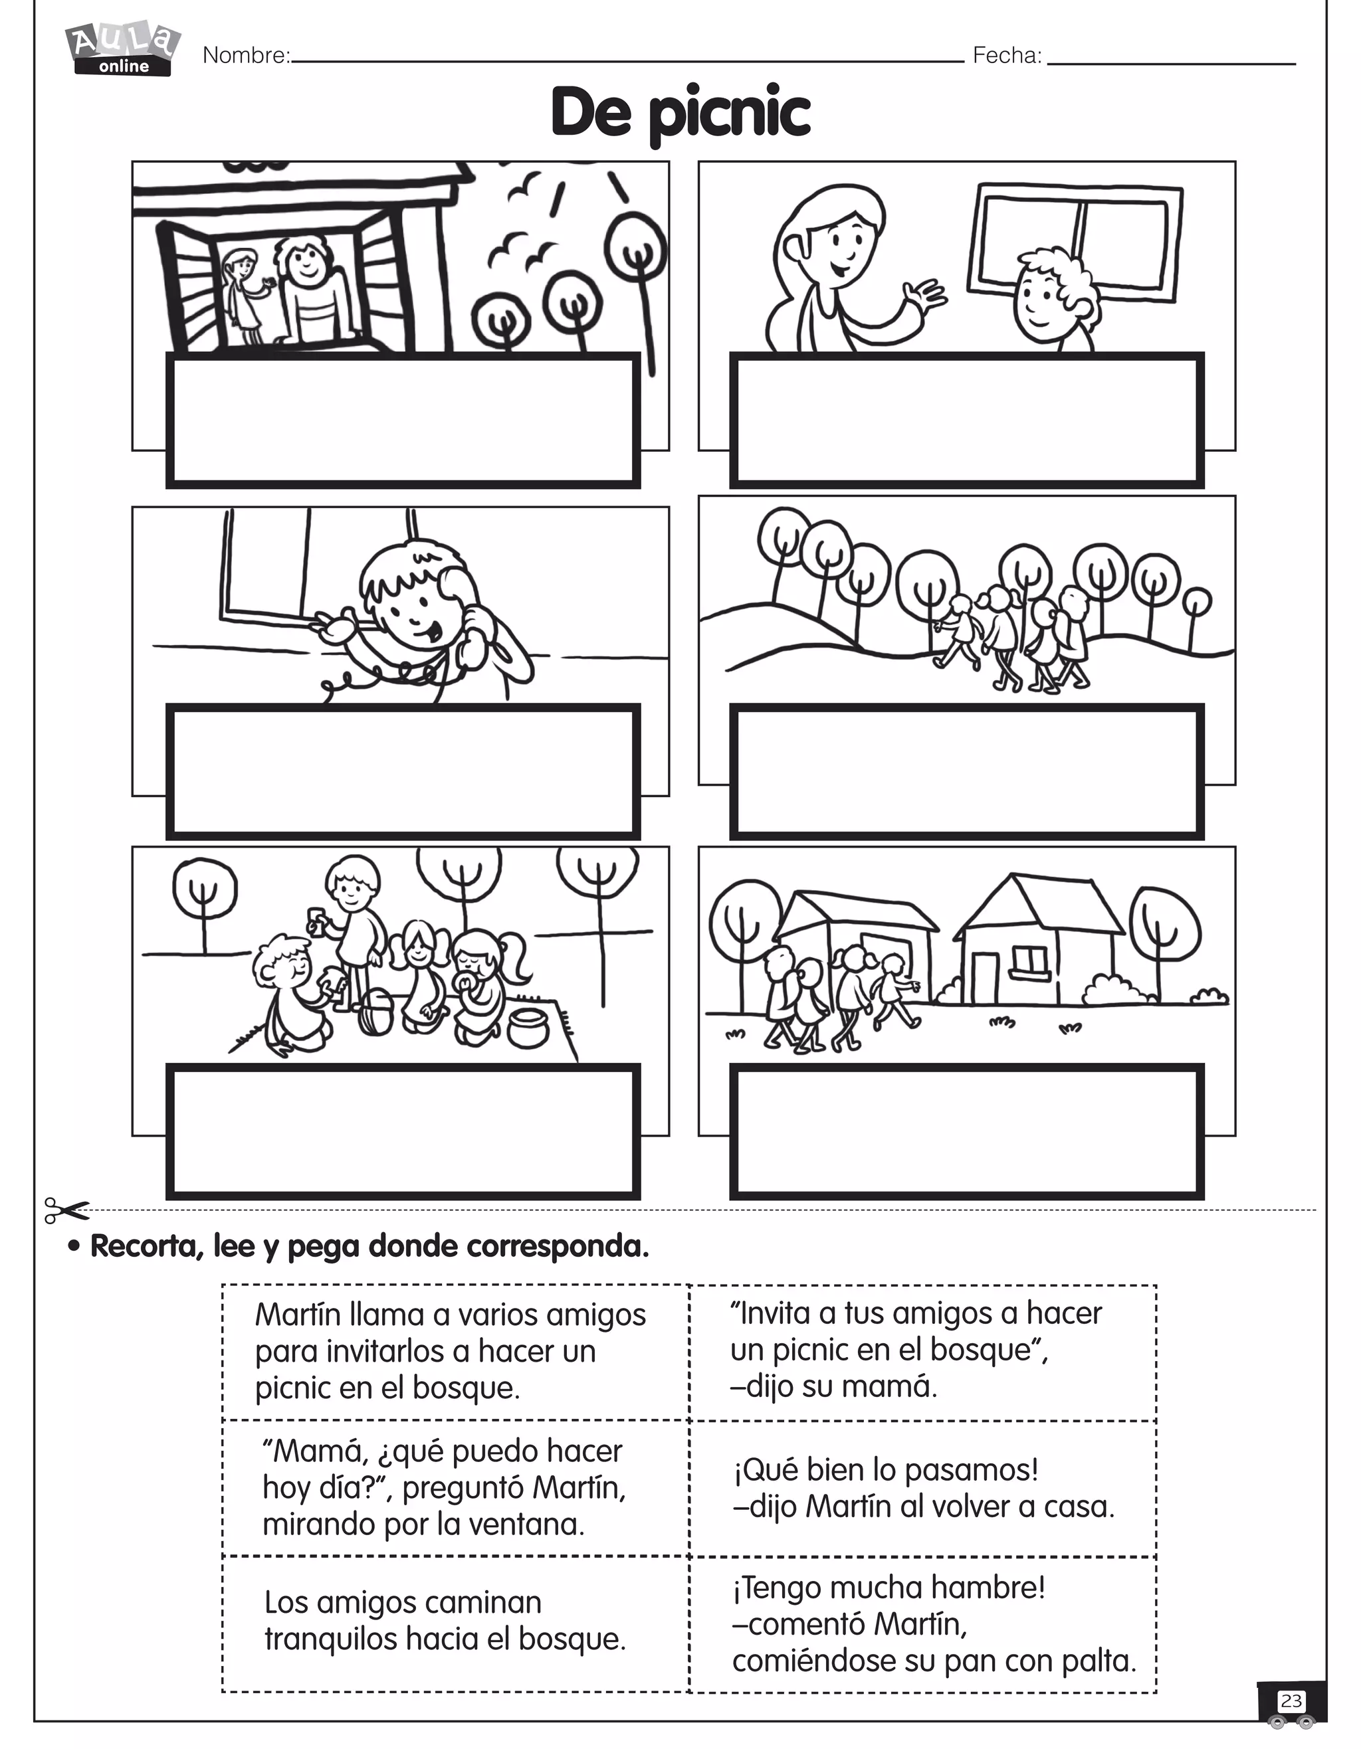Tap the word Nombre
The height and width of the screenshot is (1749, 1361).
point(245,55)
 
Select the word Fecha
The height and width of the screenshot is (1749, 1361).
point(1006,55)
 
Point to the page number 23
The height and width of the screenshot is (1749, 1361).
point(1291,1701)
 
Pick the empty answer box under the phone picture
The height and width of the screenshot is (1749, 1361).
point(403,771)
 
